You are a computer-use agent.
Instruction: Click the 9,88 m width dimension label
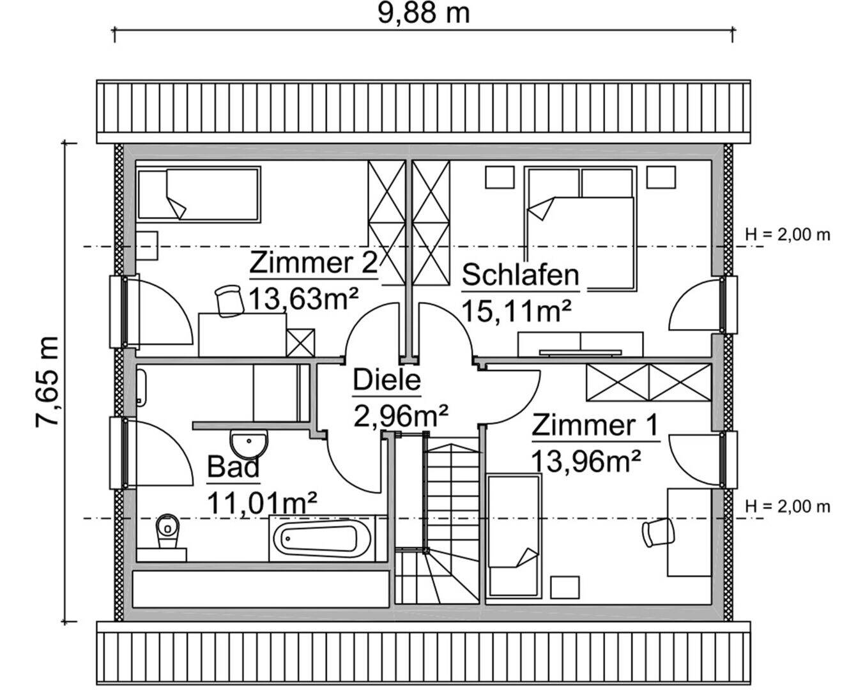pos(423,13)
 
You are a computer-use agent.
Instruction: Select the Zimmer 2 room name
pos(314,263)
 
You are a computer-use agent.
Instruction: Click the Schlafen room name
pos(520,275)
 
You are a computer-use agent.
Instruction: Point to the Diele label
pos(387,379)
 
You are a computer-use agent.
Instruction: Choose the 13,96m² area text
pos(586,460)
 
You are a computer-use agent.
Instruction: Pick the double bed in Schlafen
pos(579,227)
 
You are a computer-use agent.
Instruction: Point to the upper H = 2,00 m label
pos(788,234)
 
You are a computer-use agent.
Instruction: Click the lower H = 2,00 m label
pos(788,507)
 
